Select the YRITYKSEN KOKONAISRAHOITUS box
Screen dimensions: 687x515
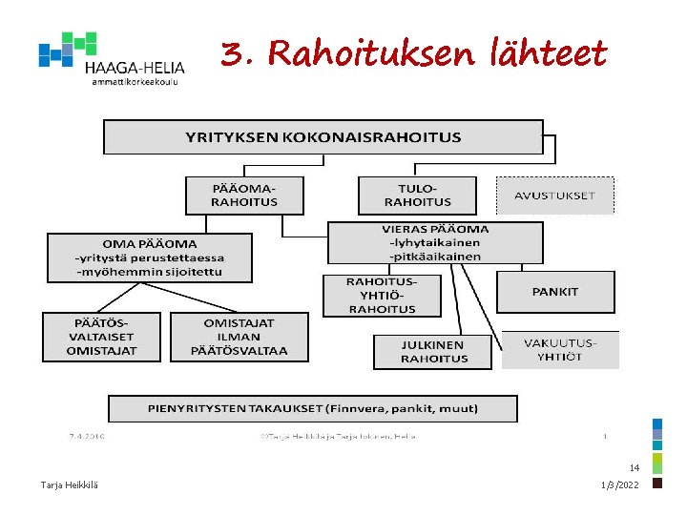tap(323, 136)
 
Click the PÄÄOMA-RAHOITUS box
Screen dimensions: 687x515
tap(244, 195)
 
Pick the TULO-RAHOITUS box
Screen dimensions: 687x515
tap(417, 195)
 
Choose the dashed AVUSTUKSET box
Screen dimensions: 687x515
tap(554, 196)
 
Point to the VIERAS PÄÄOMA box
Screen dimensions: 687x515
tap(435, 242)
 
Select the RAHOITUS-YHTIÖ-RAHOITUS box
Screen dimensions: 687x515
tap(382, 296)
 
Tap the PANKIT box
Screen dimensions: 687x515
tap(554, 292)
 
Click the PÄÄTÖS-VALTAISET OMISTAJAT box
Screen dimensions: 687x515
tap(101, 337)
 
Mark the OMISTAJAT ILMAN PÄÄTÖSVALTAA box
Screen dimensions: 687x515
tap(239, 337)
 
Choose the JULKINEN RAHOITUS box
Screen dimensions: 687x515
tap(433, 352)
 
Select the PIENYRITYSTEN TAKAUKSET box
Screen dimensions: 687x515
tap(312, 408)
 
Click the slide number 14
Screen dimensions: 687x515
tap(634, 468)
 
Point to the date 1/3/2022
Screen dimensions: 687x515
tap(621, 485)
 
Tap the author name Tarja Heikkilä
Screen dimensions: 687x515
tap(69, 485)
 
